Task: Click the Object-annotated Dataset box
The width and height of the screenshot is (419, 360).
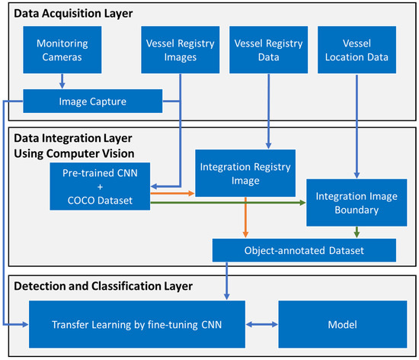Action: coord(304,249)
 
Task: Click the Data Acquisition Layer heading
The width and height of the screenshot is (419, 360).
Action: coord(71,13)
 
